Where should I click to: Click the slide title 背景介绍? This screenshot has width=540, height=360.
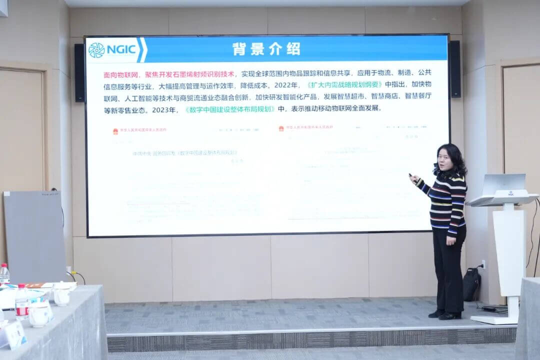tap(266, 49)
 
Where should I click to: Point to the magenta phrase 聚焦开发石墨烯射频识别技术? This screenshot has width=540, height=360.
tap(190, 74)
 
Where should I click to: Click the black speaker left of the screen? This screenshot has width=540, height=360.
tap(79, 72)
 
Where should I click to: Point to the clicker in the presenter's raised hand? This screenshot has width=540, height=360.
tap(411, 175)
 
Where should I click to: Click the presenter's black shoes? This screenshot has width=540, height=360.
tap(444, 314)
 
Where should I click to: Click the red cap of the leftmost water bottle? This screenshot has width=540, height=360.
tap(3, 266)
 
